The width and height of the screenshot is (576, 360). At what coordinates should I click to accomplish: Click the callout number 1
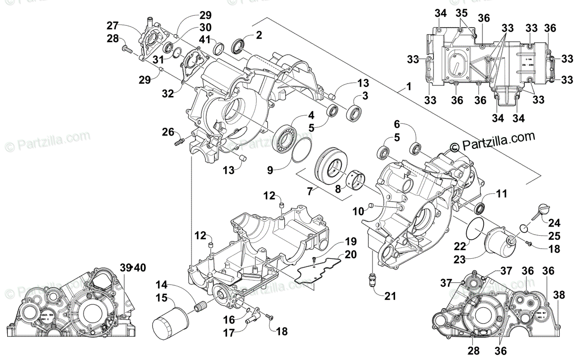408,87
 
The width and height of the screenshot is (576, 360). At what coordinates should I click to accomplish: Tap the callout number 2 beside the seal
259,35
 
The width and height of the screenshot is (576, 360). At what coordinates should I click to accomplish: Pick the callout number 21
390,296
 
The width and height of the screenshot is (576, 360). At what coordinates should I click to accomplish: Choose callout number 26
167,131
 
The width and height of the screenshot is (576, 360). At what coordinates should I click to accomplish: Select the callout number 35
461,12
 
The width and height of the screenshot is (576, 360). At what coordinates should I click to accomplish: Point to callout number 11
501,194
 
